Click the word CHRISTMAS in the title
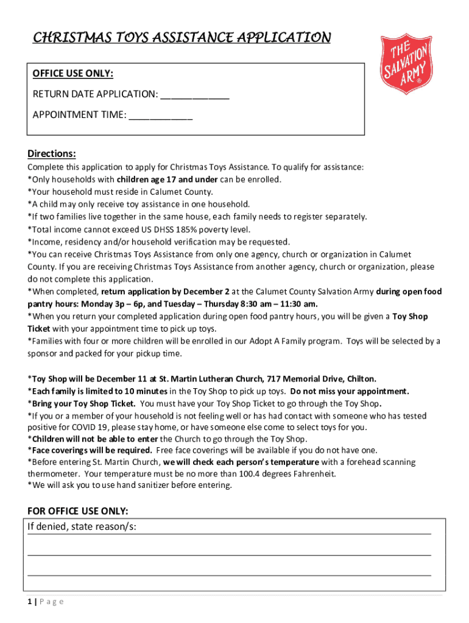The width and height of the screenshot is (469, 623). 68,38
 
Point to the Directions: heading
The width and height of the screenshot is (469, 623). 52,153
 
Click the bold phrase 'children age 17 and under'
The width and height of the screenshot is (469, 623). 167,179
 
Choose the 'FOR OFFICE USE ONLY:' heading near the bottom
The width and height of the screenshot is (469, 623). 78,510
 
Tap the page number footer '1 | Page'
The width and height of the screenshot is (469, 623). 46,602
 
